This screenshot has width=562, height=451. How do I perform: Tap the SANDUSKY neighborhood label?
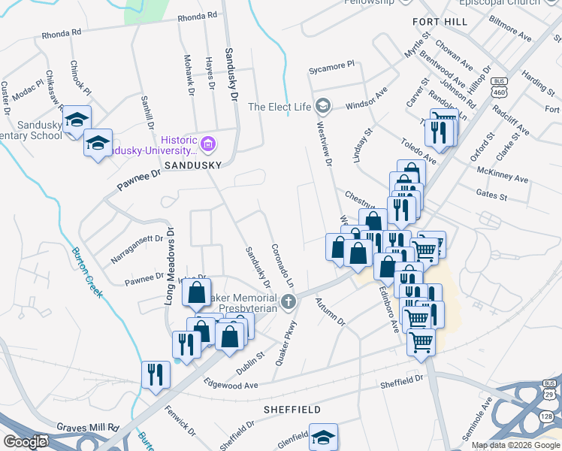click(x=192, y=164)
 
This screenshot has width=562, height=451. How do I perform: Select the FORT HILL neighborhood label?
click(x=440, y=22)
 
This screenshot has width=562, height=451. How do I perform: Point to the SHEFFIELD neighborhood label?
click(x=292, y=410)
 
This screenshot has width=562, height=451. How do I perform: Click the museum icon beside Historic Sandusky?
click(x=209, y=142)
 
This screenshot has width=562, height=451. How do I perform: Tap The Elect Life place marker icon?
click(x=323, y=106)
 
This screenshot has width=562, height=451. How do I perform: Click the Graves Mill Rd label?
click(x=87, y=427)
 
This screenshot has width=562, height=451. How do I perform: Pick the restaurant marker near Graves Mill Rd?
click(x=156, y=374)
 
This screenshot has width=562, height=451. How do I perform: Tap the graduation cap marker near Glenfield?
click(x=323, y=437)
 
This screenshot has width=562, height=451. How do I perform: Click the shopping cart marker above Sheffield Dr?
click(x=421, y=342)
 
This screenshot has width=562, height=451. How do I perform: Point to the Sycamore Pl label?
click(x=331, y=68)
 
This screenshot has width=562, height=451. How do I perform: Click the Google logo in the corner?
click(x=24, y=441)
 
